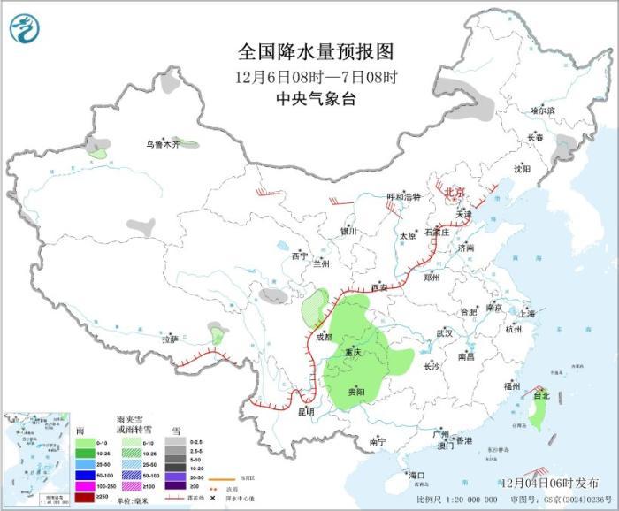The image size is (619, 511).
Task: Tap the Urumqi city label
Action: (x=163, y=144)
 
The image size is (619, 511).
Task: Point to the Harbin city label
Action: (x=542, y=111)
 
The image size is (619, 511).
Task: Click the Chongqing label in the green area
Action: (x=354, y=353)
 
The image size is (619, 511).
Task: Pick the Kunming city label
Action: (x=305, y=411)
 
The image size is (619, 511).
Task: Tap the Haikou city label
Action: (x=416, y=476)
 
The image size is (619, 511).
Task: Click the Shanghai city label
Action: (x=528, y=313)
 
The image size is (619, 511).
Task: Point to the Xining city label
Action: (x=300, y=255)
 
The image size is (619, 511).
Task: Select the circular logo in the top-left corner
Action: (x=25, y=27)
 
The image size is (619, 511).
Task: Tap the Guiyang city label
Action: (x=355, y=391)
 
